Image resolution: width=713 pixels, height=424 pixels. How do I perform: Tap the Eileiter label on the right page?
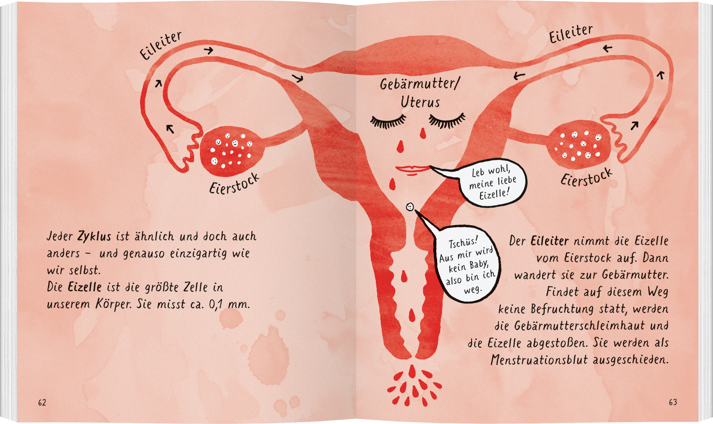pyautogui.click(x=571, y=34)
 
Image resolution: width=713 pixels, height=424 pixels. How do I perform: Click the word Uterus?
pyautogui.click(x=420, y=102)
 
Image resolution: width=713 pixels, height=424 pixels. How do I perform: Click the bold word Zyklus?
pyautogui.click(x=94, y=237)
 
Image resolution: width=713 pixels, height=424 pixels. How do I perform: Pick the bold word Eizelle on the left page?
pyautogui.click(x=85, y=287)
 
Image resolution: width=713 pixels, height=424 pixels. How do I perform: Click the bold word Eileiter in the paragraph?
pyautogui.click(x=550, y=241)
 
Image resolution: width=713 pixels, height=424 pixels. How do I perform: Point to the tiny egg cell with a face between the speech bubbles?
pyautogui.click(x=410, y=207)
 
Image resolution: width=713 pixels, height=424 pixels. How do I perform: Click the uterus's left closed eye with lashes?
pyautogui.click(x=388, y=121)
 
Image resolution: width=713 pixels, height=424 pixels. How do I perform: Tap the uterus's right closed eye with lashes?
pyautogui.click(x=447, y=121)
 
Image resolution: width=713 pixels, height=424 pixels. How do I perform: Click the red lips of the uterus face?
pyautogui.click(x=412, y=169)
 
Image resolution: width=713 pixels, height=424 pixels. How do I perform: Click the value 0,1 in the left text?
pyautogui.click(x=216, y=305)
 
